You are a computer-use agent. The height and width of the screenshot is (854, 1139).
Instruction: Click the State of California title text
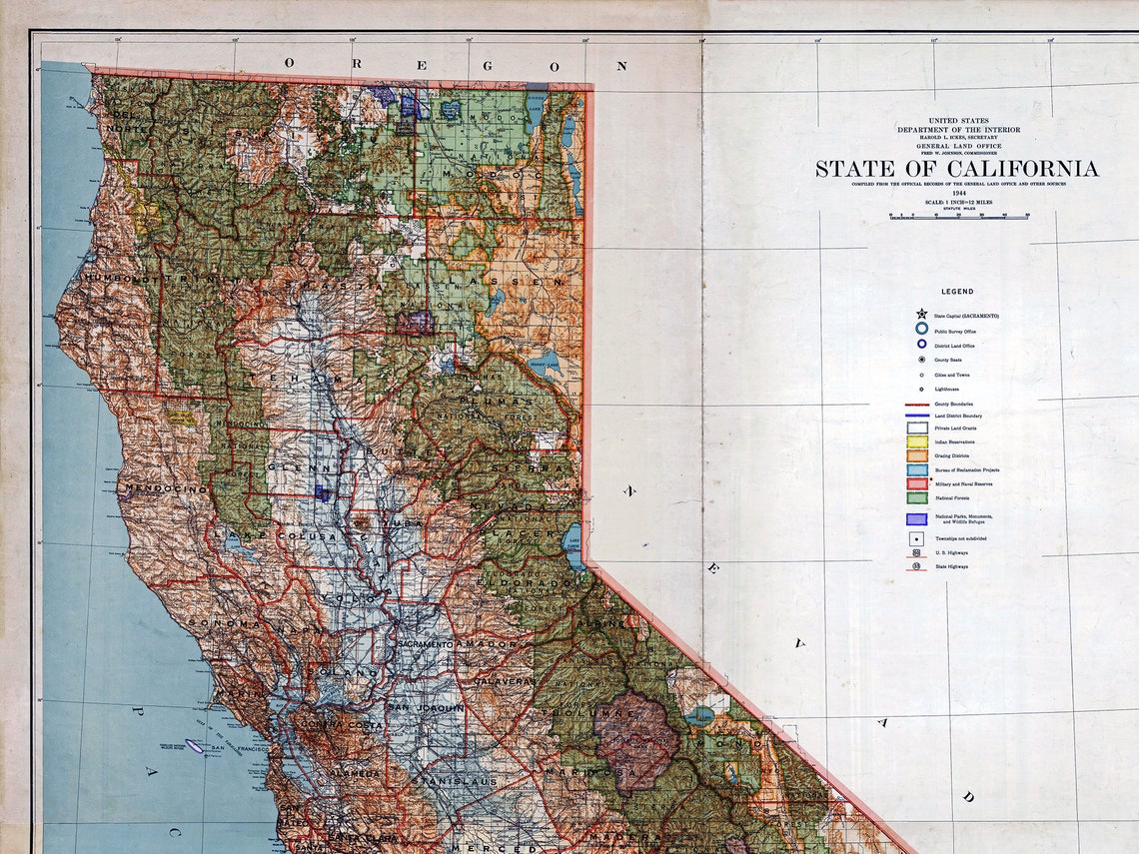tap(956, 169)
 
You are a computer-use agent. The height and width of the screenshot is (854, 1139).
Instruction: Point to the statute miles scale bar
tap(958, 215)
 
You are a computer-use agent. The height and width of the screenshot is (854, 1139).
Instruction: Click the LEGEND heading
tap(956, 292)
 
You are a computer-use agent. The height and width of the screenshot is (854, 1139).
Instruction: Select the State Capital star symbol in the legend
tap(921, 314)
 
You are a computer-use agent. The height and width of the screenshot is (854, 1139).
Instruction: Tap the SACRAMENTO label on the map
tap(424, 645)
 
